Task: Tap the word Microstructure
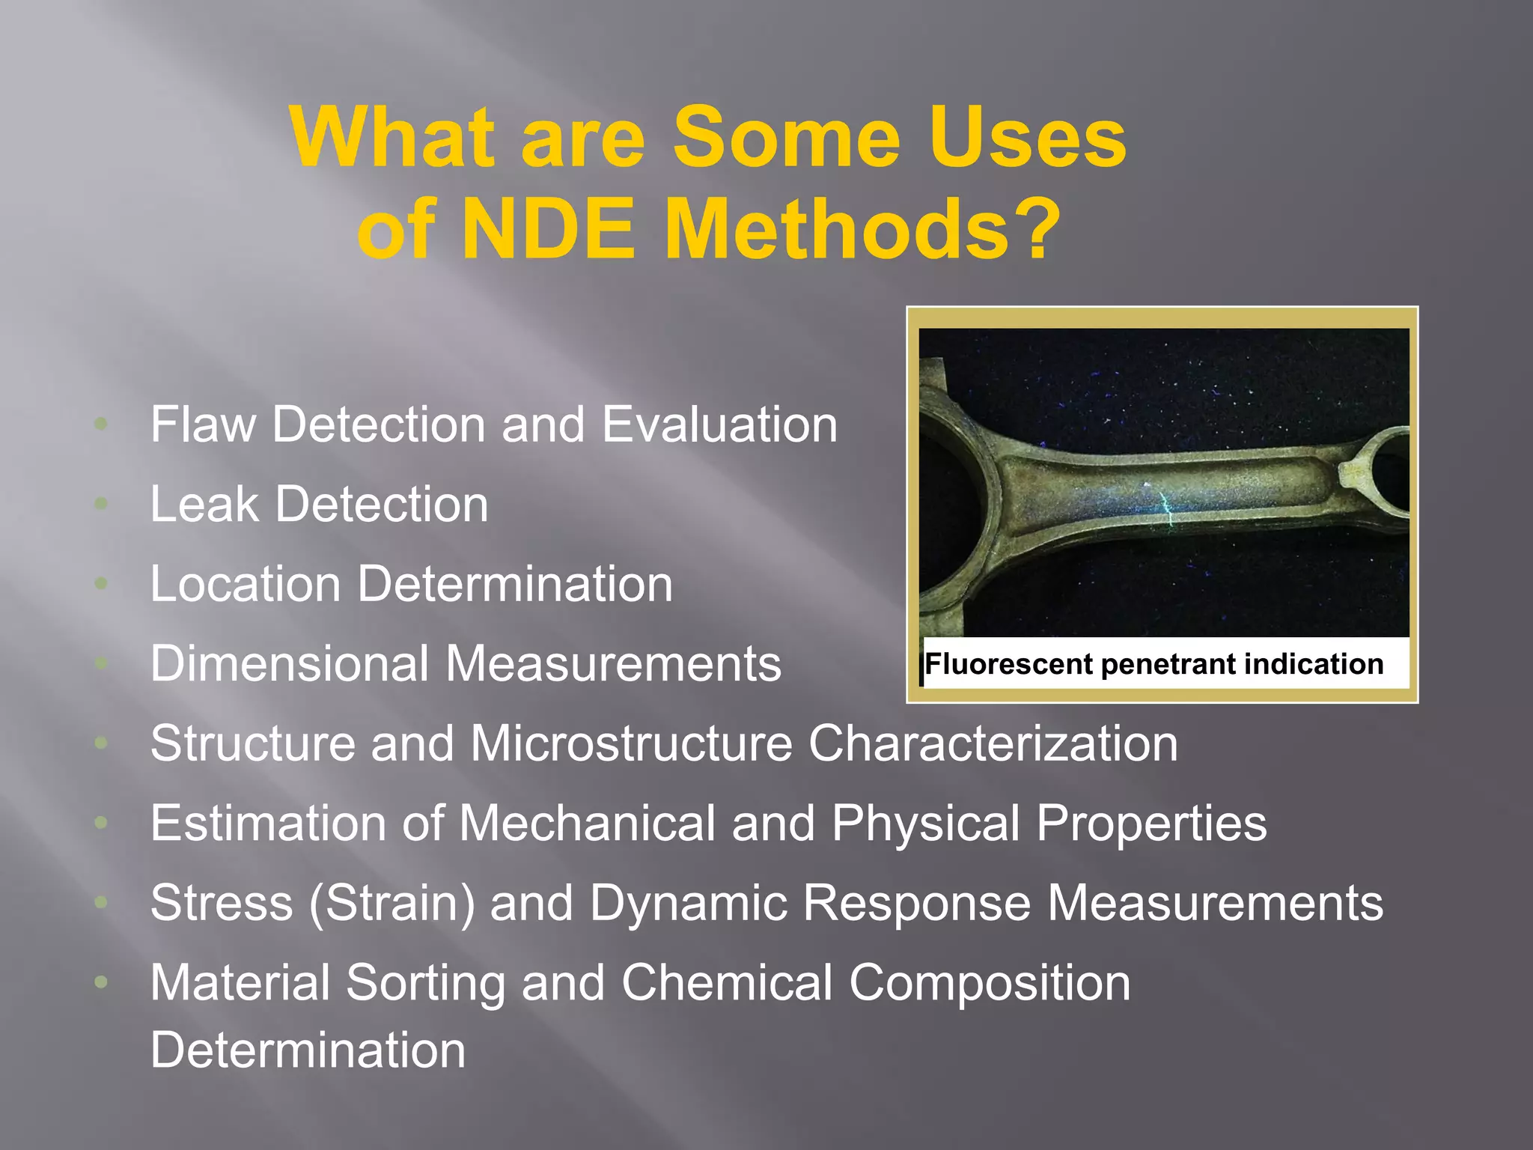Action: pyautogui.click(x=631, y=743)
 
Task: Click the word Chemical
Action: pyautogui.click(x=726, y=982)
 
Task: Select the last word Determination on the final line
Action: pyautogui.click(x=308, y=1050)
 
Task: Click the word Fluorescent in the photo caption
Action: pyautogui.click(x=1008, y=664)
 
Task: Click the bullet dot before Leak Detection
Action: pyautogui.click(x=101, y=504)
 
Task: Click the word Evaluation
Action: pyautogui.click(x=719, y=425)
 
